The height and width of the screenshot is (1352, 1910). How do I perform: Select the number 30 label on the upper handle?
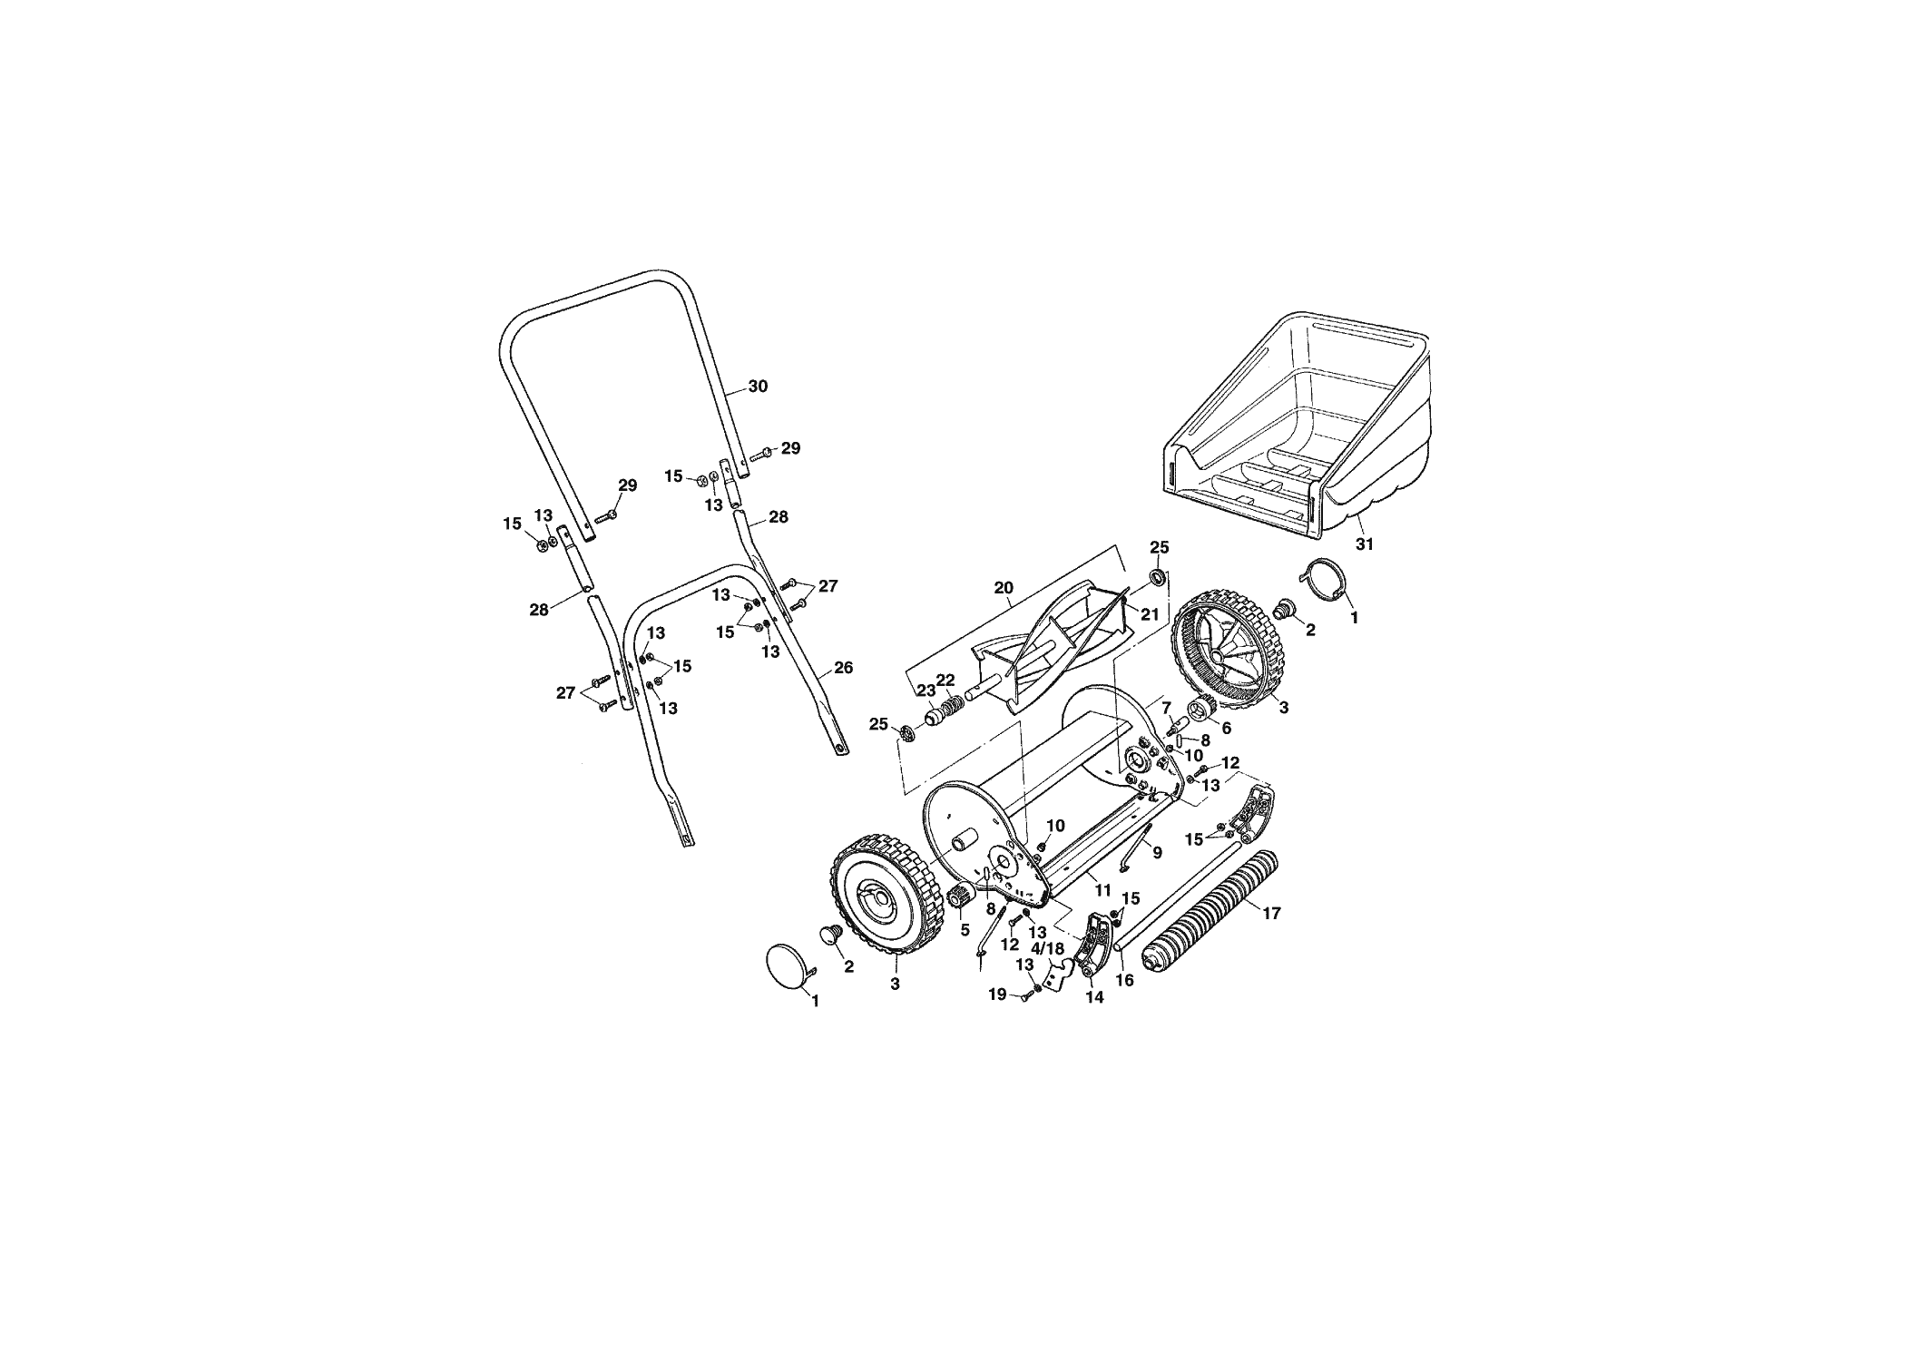pyautogui.click(x=758, y=387)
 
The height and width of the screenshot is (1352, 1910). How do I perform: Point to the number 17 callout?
pyautogui.click(x=1271, y=914)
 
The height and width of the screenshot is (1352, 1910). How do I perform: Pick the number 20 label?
pyautogui.click(x=1003, y=588)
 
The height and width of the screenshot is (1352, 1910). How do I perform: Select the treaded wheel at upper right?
pyautogui.click(x=1230, y=649)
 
